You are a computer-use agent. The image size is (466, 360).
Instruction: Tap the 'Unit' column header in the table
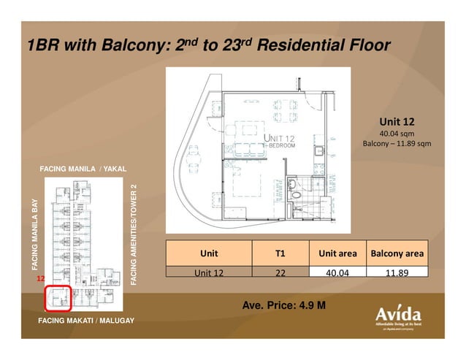[x=209, y=253]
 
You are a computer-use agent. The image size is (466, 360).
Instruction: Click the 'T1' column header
[x=280, y=253]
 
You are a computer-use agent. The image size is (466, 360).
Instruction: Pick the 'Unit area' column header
[x=337, y=253]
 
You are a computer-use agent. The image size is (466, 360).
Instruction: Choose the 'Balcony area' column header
[x=397, y=253]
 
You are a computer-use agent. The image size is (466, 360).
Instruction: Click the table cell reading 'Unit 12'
[x=209, y=272]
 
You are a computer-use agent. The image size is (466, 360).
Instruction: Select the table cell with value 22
[x=280, y=272]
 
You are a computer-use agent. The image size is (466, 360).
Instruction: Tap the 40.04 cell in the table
[x=337, y=272]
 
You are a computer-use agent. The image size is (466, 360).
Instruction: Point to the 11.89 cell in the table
[x=397, y=272]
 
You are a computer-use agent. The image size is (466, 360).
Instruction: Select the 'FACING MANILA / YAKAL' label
[x=83, y=169]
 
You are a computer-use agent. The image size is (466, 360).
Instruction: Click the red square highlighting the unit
[x=58, y=299]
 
